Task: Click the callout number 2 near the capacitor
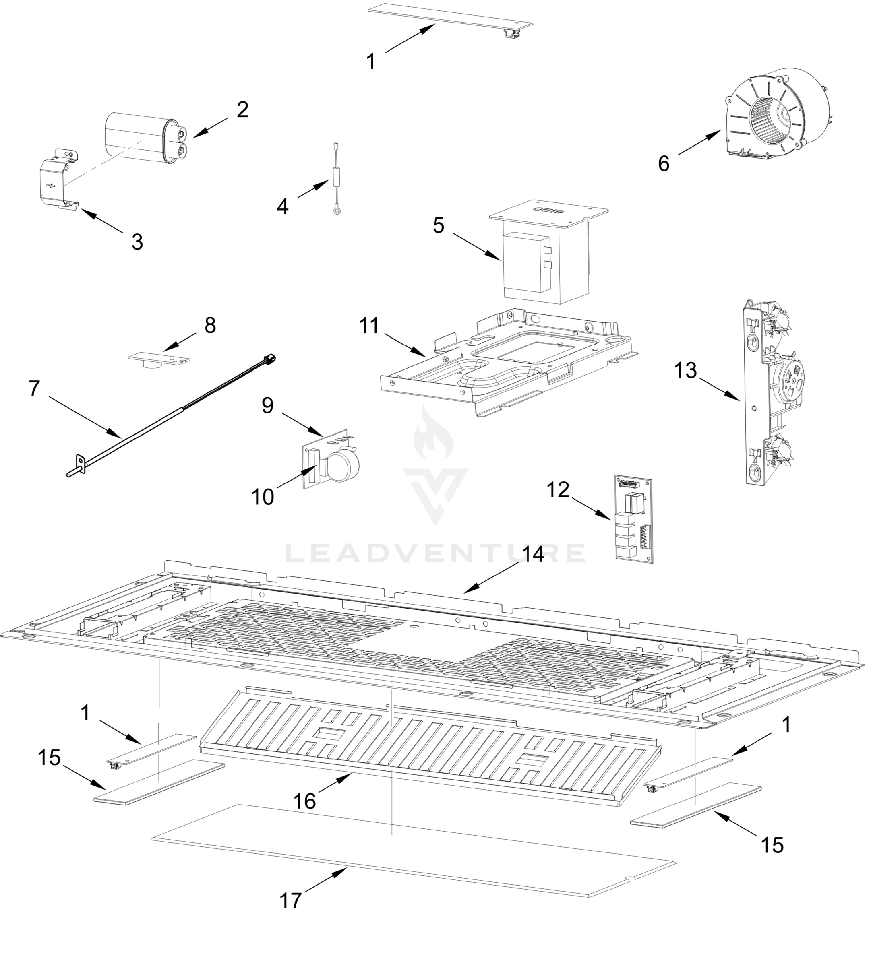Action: pos(243,110)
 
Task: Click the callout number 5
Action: pos(439,225)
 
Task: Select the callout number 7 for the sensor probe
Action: pos(33,388)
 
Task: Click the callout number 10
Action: pos(262,497)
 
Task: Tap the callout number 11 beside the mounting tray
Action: pos(369,326)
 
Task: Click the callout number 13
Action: pos(685,370)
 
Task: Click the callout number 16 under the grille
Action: pos(305,801)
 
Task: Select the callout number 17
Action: pos(290,901)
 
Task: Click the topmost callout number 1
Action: pos(371,62)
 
